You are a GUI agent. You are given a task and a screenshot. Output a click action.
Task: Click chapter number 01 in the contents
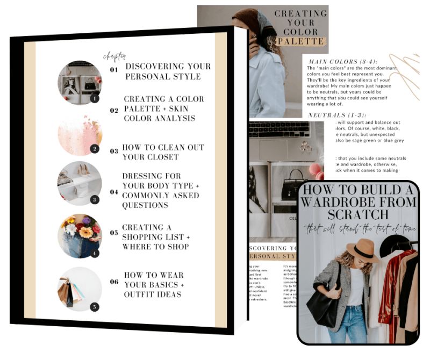tap(113, 70)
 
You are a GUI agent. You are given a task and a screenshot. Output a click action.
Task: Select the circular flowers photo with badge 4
tap(80, 236)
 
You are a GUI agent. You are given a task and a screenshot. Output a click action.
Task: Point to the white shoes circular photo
tap(80, 184)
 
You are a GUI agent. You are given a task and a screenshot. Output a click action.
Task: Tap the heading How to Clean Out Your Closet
tap(163, 152)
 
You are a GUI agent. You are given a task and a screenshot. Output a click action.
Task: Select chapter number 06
tap(113, 281)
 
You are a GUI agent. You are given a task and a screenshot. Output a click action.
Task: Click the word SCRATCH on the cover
tap(358, 213)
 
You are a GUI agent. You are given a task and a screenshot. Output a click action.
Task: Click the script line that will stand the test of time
tap(358, 228)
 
